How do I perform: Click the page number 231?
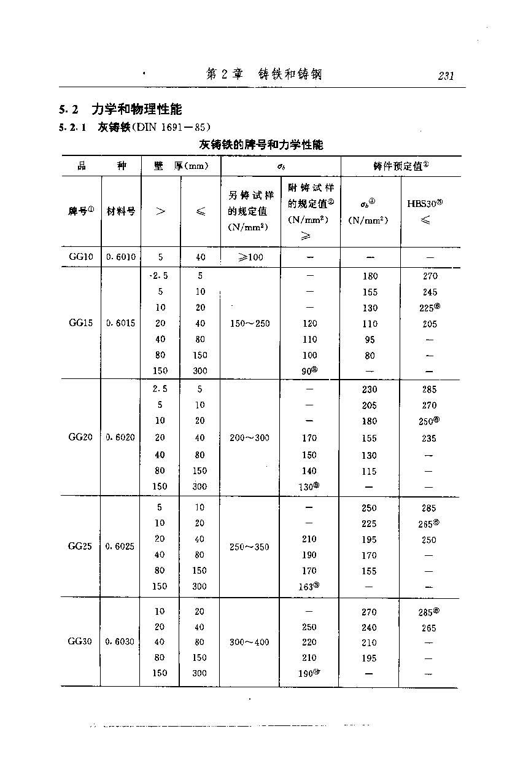tap(446, 76)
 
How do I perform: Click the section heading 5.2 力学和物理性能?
tap(120, 110)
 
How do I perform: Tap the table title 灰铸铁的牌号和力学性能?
tap(261, 145)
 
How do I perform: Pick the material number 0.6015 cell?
tap(121, 323)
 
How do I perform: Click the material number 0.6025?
tap(121, 547)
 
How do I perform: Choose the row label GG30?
tap(80, 642)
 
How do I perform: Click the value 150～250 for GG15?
tap(249, 324)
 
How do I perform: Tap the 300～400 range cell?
tap(249, 642)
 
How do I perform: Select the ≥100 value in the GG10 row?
tap(249, 257)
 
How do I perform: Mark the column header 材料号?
tap(121, 211)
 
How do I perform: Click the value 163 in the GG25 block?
tap(308, 587)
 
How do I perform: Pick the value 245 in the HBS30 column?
tap(430, 292)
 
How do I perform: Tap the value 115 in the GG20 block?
tap(370, 471)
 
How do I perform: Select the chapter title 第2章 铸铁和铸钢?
tap(264, 75)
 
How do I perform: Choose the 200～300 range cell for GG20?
tap(249, 438)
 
